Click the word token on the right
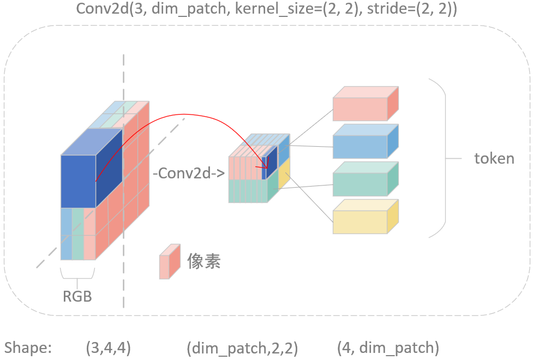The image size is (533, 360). point(494,159)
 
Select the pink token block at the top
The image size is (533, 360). point(360,109)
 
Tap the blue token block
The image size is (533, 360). point(360,147)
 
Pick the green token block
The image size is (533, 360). point(360,184)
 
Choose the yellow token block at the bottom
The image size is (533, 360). point(360,222)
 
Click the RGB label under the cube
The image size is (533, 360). point(77,297)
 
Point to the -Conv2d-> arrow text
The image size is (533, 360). point(189,174)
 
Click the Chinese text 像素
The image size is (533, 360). point(203,262)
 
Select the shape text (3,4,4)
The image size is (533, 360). point(108,347)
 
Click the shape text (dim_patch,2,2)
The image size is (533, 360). point(242,347)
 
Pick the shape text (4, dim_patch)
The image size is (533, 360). point(387,347)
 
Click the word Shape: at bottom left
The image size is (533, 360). point(28,347)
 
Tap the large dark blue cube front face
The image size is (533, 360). point(78,181)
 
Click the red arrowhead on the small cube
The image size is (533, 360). point(267,166)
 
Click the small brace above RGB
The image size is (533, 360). point(77,275)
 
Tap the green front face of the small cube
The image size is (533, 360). point(248,191)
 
